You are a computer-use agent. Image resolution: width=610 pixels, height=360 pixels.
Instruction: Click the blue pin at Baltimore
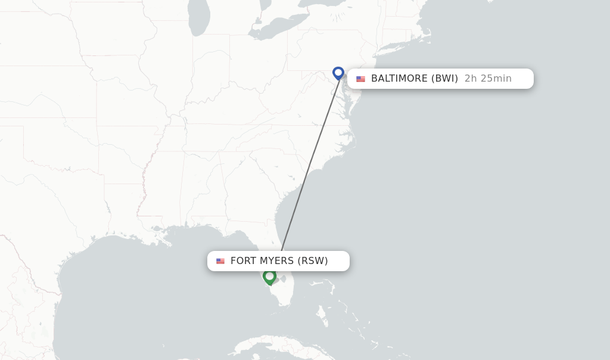[x=338, y=73]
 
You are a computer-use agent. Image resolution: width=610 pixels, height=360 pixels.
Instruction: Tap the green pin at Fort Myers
[x=269, y=277]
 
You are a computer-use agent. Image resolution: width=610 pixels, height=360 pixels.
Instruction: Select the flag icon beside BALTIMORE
[x=360, y=79]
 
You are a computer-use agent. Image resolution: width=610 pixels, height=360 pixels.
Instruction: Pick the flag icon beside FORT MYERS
[x=220, y=261]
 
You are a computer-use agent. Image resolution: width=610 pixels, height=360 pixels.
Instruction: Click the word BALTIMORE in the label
[x=399, y=79]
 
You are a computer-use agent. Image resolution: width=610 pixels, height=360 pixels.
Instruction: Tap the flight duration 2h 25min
[x=488, y=79]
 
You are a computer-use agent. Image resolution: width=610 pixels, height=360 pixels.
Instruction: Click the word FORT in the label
[x=244, y=261]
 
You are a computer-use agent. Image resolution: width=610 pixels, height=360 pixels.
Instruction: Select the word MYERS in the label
[x=277, y=261]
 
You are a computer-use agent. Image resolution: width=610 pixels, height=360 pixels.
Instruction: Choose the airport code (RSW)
[x=313, y=261]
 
